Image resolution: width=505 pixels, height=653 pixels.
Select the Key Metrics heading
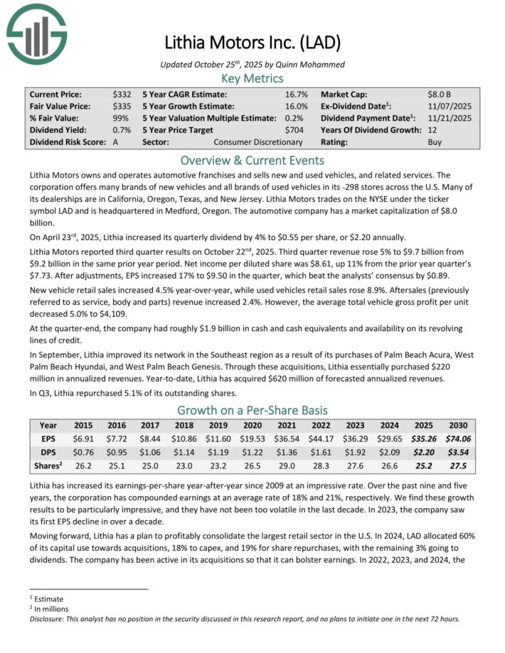click(x=252, y=78)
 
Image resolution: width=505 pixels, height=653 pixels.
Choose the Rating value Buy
click(x=435, y=142)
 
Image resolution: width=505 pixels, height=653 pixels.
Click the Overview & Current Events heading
click(x=252, y=161)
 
